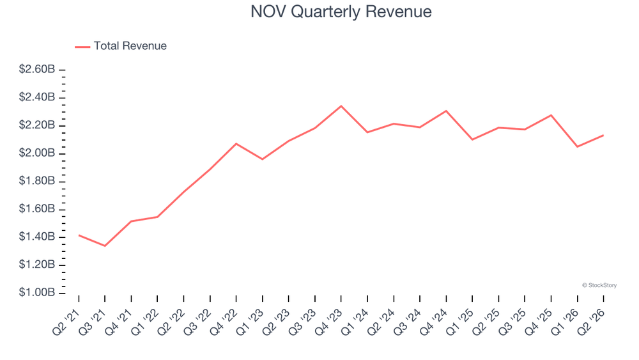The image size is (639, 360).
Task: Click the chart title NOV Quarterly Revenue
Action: click(341, 12)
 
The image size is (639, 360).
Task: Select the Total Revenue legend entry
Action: click(121, 46)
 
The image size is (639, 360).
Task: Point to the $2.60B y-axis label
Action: click(36, 69)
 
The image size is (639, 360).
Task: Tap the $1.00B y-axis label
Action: click(36, 292)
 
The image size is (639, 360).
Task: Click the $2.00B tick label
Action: click(36, 153)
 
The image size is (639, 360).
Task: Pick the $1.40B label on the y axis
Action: click(36, 237)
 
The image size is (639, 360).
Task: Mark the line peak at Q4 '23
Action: click(341, 106)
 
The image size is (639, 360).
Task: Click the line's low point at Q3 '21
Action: click(105, 246)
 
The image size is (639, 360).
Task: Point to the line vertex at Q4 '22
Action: click(236, 143)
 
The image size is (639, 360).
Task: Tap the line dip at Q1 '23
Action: click(263, 159)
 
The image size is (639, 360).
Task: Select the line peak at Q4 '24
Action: click(446, 111)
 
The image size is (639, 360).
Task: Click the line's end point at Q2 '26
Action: click(604, 136)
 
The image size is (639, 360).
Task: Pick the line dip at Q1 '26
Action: click(578, 147)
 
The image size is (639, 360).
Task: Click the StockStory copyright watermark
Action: click(599, 285)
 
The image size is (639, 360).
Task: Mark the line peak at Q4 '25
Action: click(551, 115)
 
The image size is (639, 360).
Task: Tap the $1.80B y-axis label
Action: click(36, 180)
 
